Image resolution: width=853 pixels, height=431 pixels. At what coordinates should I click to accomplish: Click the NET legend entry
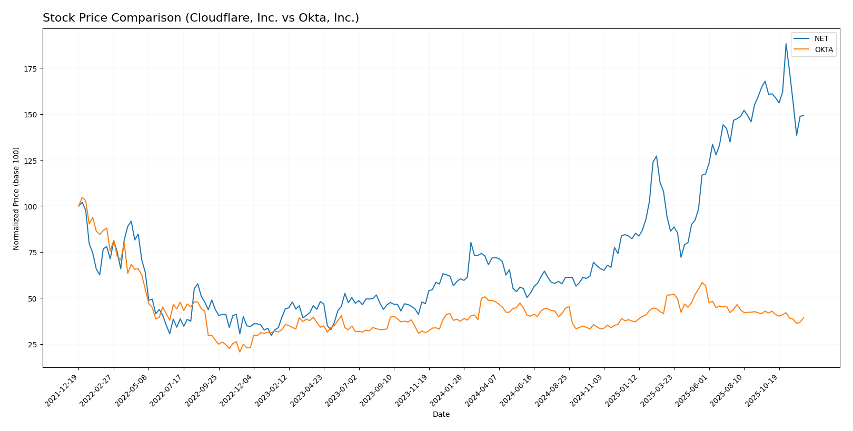(821, 39)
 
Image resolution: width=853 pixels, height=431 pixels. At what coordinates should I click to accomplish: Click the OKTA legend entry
(824, 50)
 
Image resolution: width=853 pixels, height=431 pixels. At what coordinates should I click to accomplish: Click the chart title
(201, 18)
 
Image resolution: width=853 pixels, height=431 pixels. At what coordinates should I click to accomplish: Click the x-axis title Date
(441, 415)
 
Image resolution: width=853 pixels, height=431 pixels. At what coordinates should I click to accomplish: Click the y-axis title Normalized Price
(16, 198)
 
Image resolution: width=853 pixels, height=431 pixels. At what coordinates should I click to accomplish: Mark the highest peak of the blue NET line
(786, 44)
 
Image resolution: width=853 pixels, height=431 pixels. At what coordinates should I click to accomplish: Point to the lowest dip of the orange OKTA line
(240, 352)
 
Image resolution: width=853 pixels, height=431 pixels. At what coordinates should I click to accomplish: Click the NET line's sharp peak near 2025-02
(656, 156)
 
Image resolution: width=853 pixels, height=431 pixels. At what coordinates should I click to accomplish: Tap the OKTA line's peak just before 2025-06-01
(702, 283)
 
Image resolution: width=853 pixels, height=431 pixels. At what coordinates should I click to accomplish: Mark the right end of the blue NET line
(804, 115)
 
